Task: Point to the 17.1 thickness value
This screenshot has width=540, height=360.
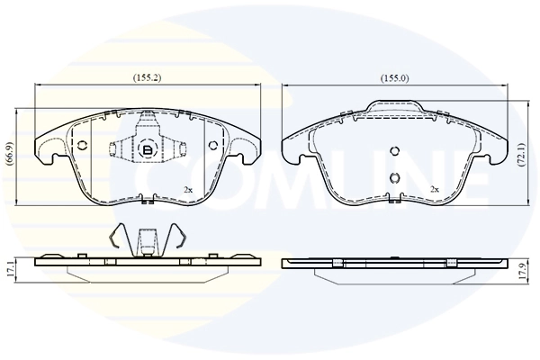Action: [x=9, y=267]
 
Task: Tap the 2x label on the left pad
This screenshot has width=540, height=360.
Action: [x=188, y=190]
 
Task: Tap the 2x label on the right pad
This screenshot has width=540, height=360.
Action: [x=435, y=189]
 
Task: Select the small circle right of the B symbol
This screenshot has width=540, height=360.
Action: [x=212, y=147]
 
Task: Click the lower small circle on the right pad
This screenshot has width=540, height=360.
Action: [x=393, y=176]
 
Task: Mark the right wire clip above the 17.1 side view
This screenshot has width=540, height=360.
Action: [x=181, y=238]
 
